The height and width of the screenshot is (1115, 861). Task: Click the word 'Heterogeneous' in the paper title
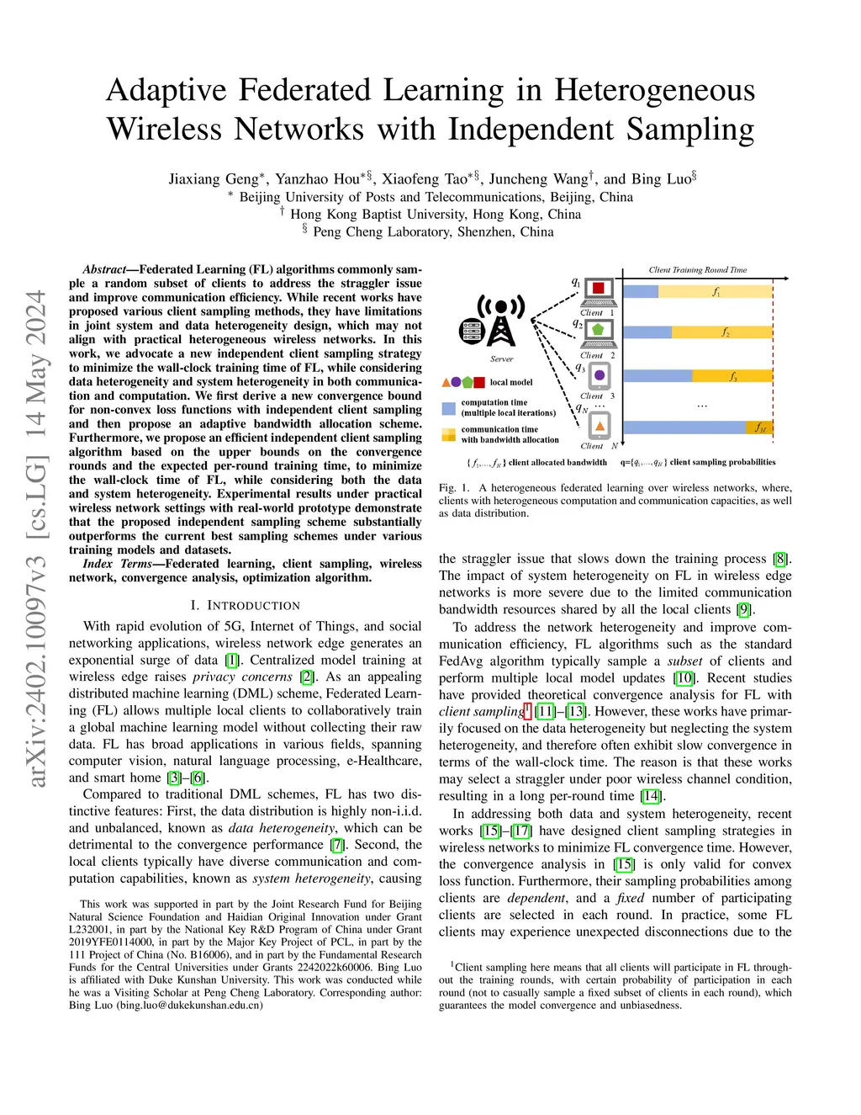pos(654,90)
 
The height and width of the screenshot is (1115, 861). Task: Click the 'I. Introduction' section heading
pos(245,605)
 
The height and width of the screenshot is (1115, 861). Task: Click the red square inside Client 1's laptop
pos(599,289)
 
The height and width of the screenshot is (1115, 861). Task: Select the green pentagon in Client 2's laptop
pos(598,329)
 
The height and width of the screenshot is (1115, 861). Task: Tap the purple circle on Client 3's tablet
pos(600,374)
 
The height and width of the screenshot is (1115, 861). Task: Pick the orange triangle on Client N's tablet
pos(600,427)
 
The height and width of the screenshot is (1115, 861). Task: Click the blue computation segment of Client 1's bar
pos(641,291)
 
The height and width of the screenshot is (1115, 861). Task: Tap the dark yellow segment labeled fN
pos(759,427)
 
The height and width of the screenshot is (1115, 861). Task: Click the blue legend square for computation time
pos(449,408)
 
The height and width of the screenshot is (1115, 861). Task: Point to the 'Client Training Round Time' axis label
pos(697,270)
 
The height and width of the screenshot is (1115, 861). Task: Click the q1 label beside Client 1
pos(576,282)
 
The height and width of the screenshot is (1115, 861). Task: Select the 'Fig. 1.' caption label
pos(454,487)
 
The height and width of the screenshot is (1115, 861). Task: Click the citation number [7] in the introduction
pos(337,845)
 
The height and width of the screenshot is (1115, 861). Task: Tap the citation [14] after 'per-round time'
pos(650,796)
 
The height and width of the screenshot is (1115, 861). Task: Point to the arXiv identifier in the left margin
pos(35,539)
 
